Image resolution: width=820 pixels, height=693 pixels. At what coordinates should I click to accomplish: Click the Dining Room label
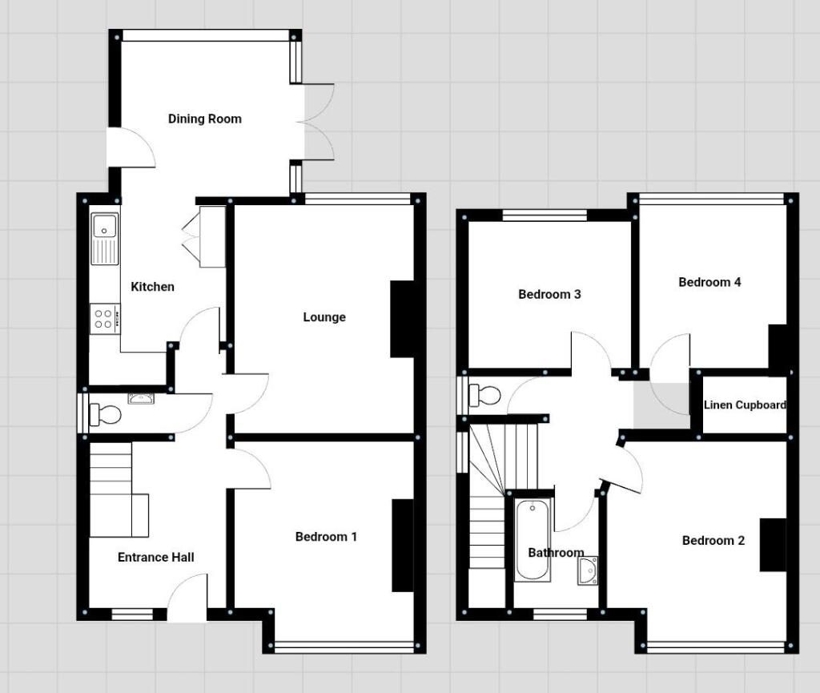204,119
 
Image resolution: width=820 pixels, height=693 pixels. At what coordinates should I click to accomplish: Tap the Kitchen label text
152,287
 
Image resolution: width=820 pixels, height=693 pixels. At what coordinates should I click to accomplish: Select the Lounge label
324,317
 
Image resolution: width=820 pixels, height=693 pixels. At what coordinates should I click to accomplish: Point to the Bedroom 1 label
326,537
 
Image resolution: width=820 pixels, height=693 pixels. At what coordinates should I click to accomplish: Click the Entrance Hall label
156,557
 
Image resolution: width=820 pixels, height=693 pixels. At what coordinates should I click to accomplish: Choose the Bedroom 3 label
549,295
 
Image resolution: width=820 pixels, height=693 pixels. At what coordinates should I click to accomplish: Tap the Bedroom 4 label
709,283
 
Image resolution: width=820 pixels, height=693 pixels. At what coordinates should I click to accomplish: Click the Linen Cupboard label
745,405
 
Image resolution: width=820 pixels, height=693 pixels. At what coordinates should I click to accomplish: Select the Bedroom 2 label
713,540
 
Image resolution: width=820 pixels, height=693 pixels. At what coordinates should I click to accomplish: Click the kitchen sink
105,239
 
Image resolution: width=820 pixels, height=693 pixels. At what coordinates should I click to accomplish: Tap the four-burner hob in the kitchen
105,319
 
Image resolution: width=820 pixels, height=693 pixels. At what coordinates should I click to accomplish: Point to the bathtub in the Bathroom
533,540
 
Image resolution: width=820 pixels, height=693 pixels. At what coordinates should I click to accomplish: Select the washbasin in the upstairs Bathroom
589,571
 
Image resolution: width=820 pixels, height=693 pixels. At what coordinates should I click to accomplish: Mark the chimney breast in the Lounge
402,319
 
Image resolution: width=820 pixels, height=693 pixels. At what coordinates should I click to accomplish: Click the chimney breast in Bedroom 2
773,545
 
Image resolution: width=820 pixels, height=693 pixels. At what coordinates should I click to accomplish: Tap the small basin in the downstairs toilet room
141,399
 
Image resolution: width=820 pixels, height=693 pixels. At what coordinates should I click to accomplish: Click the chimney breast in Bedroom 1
403,546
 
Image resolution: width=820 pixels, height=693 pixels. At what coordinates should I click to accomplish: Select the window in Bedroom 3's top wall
545,216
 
